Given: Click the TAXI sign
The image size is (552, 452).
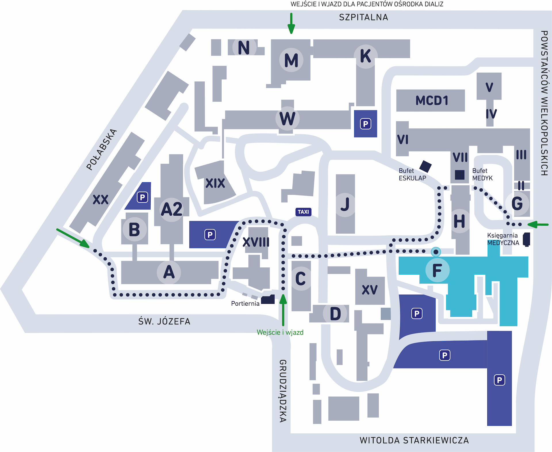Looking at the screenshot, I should click(303, 212).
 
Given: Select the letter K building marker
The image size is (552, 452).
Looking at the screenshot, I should click(365, 56).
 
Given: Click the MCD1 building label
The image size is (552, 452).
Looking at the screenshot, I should click(432, 101).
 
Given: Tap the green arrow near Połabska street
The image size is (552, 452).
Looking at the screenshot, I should click(73, 238).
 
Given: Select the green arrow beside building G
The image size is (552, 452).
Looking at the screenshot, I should click(538, 225).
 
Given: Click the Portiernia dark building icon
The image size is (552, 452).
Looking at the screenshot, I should click(268, 300).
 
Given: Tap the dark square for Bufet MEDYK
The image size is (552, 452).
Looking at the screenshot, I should click(459, 175).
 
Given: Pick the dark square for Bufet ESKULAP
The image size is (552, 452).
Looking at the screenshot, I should click(425, 166).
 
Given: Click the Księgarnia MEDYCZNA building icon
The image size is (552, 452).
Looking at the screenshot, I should click(527, 239).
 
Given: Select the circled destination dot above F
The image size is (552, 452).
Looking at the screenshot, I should click(436, 252).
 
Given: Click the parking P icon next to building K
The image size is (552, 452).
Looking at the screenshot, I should click(365, 124).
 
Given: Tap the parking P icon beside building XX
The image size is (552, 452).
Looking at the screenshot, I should click(142, 197).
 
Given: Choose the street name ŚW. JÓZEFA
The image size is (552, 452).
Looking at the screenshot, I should click(164, 321).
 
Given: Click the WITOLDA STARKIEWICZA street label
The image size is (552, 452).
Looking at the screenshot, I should click(414, 440).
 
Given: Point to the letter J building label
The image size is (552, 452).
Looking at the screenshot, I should click(345, 204).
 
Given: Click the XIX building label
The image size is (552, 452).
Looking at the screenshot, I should click(215, 183).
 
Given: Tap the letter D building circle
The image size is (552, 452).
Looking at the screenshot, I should click(335, 314).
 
